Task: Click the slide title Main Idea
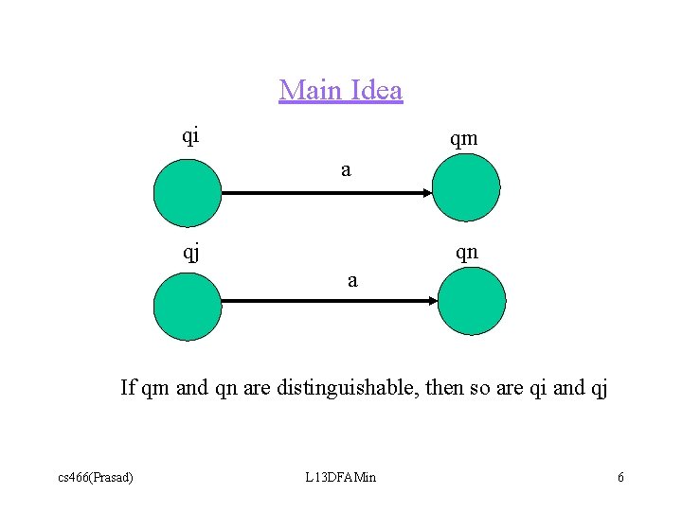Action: pyautogui.click(x=340, y=91)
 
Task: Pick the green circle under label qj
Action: pyautogui.click(x=187, y=306)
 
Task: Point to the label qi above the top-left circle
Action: pyautogui.click(x=190, y=135)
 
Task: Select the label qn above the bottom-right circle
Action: pyautogui.click(x=466, y=253)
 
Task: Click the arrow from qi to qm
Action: pyautogui.click(x=327, y=193)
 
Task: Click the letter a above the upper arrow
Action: pyautogui.click(x=346, y=170)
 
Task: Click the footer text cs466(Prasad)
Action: pyautogui.click(x=96, y=477)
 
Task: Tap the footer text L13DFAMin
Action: pyautogui.click(x=340, y=477)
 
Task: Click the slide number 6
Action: pyautogui.click(x=620, y=477)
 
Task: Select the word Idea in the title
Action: pyautogui.click(x=376, y=91)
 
